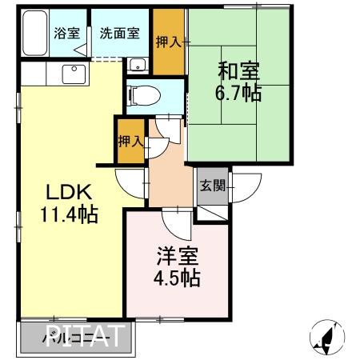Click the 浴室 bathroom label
pos(66,34)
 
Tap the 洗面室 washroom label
pos(118,34)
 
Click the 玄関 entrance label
pos(212,186)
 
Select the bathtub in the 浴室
pos(34,34)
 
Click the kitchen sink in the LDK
pos(74,75)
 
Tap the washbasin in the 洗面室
pos(137,65)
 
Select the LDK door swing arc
pos(130,181)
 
